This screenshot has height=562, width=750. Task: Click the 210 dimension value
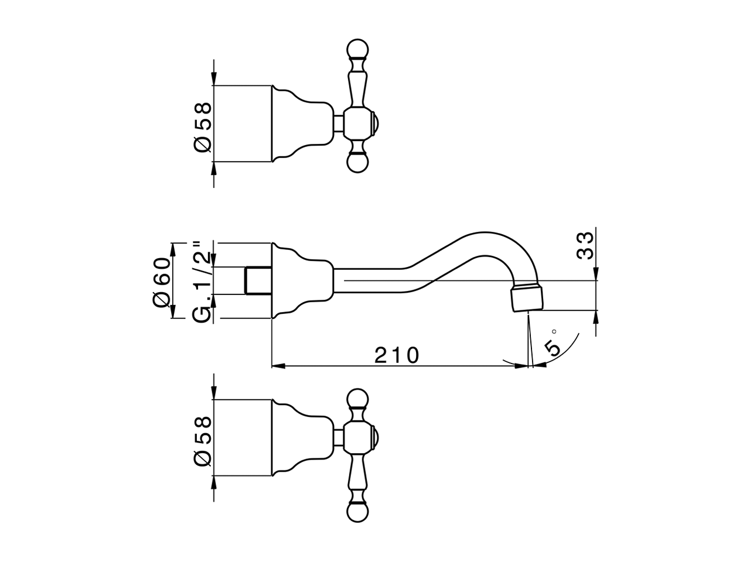(397, 355)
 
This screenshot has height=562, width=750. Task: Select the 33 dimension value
(584, 246)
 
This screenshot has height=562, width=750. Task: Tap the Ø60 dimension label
(161, 280)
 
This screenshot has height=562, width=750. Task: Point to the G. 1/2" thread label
(202, 281)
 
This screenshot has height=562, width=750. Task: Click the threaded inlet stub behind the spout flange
(258, 280)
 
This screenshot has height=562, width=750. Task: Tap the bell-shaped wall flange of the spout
(299, 280)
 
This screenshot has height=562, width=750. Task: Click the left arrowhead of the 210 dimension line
(277, 366)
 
